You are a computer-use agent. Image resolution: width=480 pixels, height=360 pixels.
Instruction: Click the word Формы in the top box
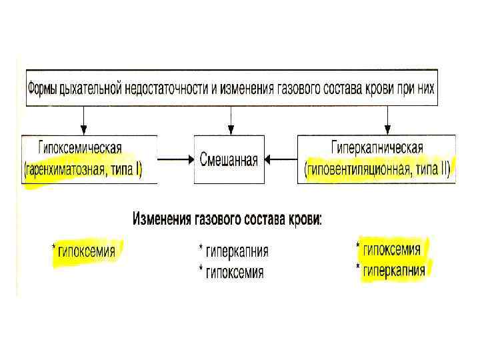click(45, 88)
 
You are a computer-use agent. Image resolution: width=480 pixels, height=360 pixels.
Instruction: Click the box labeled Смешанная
click(229, 160)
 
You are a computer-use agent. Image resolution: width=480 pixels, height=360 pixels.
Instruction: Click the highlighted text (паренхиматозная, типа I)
click(83, 171)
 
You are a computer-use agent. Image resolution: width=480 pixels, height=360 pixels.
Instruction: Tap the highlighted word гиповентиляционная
click(364, 171)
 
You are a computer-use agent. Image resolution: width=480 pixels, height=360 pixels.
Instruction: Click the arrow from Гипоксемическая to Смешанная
click(175, 160)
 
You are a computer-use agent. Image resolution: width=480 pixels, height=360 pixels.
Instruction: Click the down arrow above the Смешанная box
click(231, 120)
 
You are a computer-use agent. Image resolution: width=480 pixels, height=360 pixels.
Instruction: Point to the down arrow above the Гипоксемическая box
click(83, 120)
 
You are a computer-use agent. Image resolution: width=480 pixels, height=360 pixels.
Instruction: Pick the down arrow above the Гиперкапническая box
click(387, 120)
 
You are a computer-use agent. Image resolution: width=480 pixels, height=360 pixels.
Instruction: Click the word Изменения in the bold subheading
click(163, 219)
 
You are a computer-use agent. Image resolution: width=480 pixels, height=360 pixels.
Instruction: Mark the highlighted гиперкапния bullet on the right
click(393, 270)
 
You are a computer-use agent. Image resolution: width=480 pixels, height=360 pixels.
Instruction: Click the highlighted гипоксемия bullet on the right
click(392, 250)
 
